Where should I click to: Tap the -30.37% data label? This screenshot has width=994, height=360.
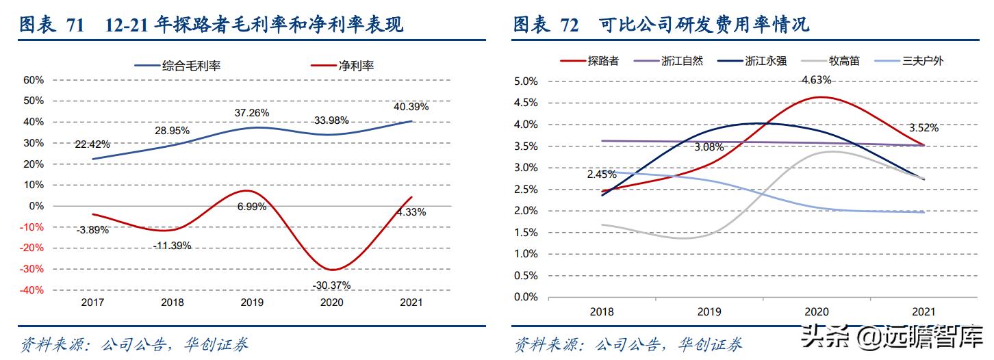(x=331, y=284)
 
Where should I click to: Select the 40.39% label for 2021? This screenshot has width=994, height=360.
(x=411, y=107)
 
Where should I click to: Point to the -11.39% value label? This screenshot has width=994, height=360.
(x=171, y=245)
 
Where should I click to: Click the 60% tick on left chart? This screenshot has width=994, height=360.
(x=34, y=79)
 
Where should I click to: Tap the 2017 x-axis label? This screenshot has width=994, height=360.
(x=92, y=303)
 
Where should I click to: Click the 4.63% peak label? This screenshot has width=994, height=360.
(x=816, y=80)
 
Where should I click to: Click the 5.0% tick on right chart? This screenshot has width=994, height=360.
(x=526, y=81)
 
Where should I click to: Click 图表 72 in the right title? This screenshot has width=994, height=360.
(x=546, y=25)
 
